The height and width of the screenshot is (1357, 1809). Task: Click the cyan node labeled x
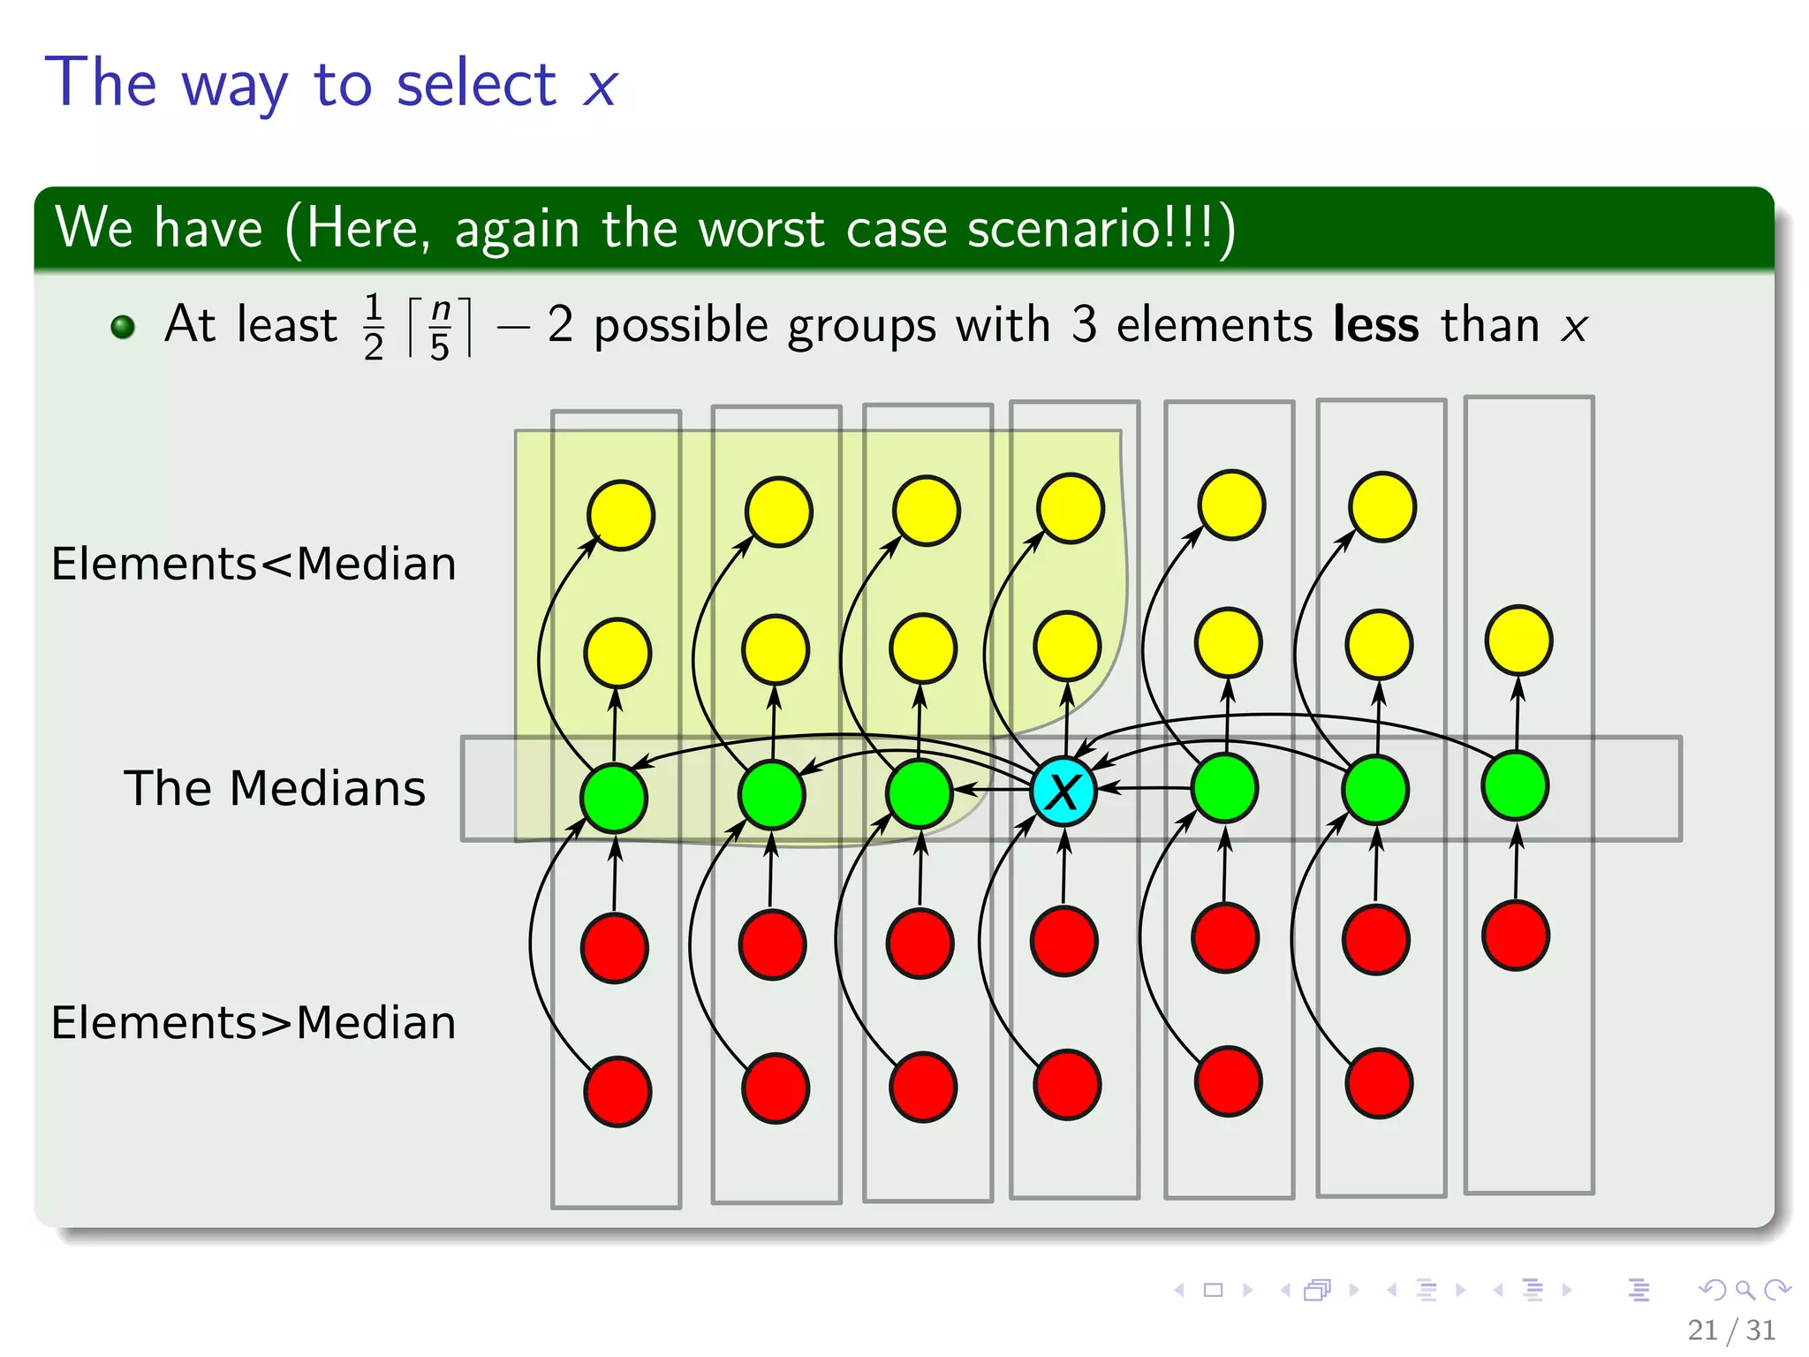(x=1063, y=791)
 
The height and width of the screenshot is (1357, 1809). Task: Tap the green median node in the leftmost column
(x=614, y=797)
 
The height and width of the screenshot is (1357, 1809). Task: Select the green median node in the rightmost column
(x=1516, y=785)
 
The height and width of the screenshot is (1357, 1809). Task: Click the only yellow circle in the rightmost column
(x=1518, y=641)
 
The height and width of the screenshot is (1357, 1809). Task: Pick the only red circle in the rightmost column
(x=1516, y=936)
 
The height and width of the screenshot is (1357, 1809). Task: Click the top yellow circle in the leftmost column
(x=621, y=515)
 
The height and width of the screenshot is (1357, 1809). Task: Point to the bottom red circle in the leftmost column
(x=617, y=1091)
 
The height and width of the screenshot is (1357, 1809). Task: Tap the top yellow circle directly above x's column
(x=1071, y=508)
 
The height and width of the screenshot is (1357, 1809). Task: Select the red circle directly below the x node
(x=1064, y=941)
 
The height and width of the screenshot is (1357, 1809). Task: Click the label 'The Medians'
(x=275, y=788)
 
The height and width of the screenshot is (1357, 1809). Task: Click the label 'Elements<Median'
(x=254, y=564)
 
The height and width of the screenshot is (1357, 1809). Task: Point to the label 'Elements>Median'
(x=254, y=1023)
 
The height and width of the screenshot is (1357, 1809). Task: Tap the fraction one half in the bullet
(x=374, y=327)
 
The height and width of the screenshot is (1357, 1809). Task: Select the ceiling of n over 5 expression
(x=440, y=327)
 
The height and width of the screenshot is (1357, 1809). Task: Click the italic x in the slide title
(x=600, y=87)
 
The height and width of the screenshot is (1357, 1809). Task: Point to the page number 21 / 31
(x=1730, y=1330)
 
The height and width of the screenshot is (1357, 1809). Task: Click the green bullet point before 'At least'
(x=123, y=327)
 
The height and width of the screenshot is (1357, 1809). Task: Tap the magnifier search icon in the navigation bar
(x=1745, y=1290)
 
